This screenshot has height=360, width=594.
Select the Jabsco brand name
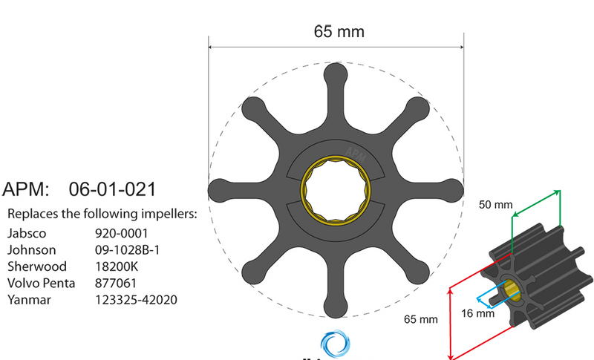coord(26,232)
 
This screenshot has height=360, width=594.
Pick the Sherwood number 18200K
coord(117,266)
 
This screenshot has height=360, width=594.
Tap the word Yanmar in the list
coord(28,301)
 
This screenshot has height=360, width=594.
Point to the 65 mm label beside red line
coord(420,320)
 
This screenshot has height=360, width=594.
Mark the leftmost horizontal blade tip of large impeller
coord(221,189)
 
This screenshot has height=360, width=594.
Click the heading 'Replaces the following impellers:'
coord(102,215)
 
